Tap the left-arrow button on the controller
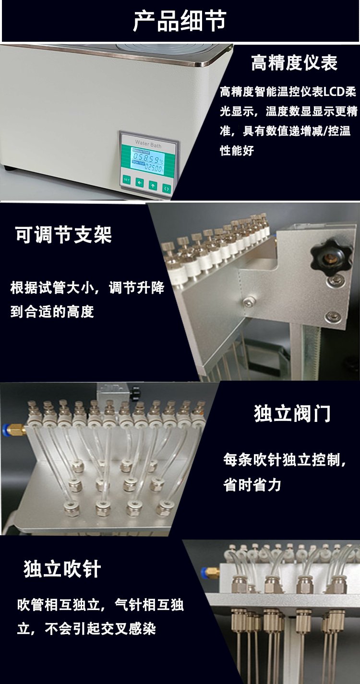[x=140, y=182]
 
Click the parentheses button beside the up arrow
[x=167, y=188]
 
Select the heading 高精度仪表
[x=294, y=62]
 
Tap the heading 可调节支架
[x=63, y=235]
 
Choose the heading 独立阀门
[x=292, y=414]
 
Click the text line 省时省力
[x=252, y=485]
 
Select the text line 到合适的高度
[x=52, y=312]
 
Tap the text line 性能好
[x=237, y=151]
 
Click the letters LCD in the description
[x=335, y=92]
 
